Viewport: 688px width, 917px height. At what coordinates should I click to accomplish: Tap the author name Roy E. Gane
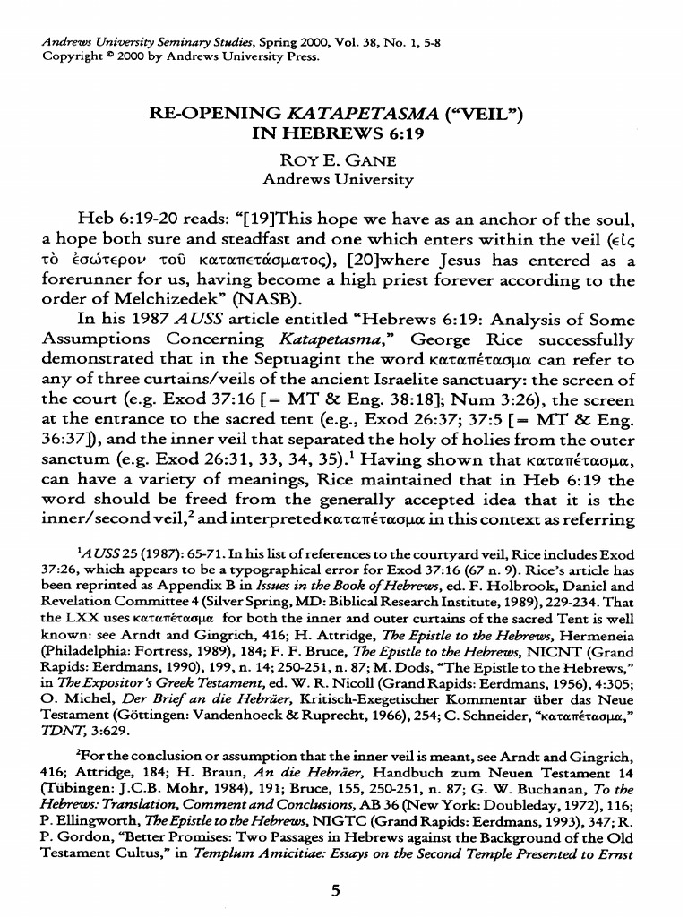338,159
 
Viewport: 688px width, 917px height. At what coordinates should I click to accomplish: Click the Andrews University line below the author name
338,179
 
